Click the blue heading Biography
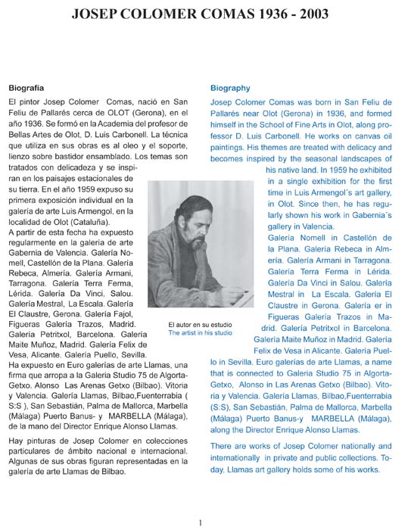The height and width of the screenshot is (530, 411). (230, 88)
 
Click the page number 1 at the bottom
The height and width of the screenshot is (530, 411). (200, 522)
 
